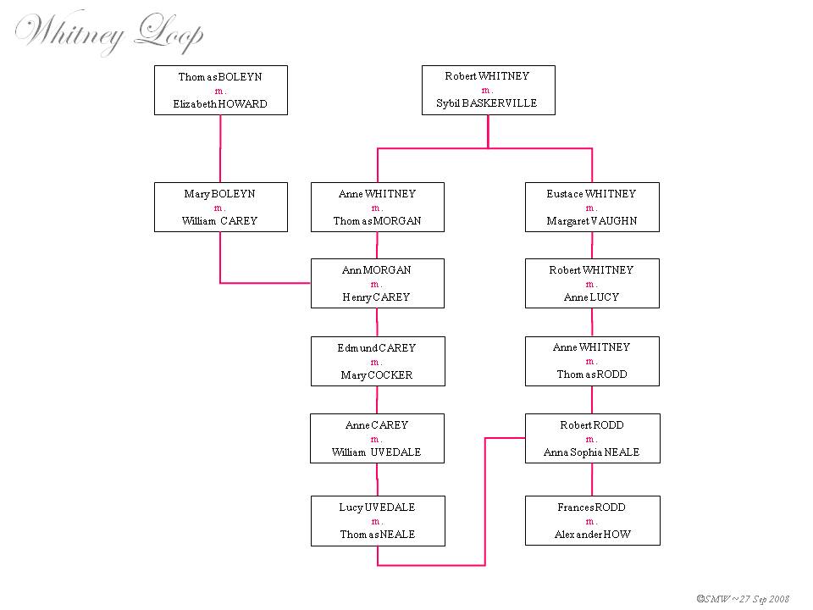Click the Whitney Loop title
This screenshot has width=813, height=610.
click(108, 34)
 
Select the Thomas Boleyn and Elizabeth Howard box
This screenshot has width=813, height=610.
click(220, 90)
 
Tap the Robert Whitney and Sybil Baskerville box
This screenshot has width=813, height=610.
click(488, 90)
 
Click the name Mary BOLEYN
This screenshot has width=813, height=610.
click(220, 194)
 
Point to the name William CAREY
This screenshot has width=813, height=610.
click(220, 221)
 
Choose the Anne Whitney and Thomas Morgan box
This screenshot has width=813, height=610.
click(377, 208)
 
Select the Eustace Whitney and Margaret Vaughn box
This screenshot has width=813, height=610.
click(591, 208)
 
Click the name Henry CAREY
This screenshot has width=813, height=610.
click(377, 297)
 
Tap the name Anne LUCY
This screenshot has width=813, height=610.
click(591, 297)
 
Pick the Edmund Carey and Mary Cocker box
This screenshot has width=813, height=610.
click(377, 362)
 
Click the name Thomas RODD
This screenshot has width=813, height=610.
click(591, 374)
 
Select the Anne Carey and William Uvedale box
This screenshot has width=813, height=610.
click(377, 439)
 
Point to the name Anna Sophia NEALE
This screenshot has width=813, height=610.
click(591, 452)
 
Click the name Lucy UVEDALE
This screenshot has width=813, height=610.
click(377, 507)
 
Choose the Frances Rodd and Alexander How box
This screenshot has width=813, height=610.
click(591, 521)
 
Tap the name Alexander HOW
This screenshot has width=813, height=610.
click(591, 535)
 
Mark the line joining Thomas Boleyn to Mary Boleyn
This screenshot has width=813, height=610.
click(220, 148)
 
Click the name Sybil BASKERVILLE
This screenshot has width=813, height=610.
click(488, 103)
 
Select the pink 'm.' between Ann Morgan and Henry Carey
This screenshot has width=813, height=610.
click(377, 284)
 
